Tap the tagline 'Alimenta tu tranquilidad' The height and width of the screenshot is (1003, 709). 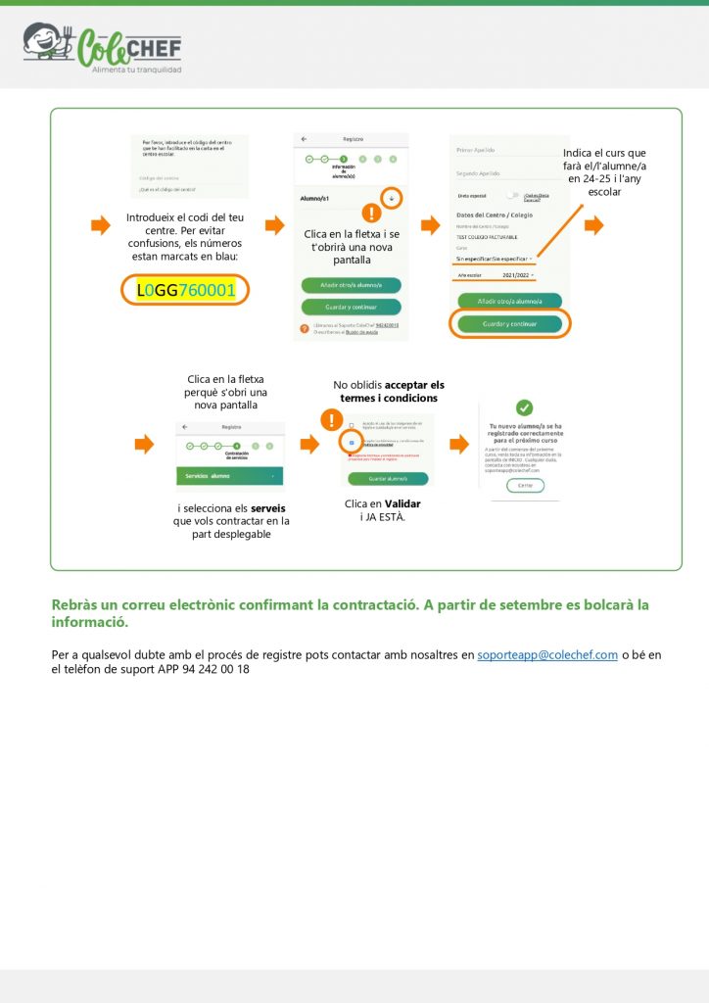pos(136,70)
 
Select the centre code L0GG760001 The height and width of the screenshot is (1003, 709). pos(186,290)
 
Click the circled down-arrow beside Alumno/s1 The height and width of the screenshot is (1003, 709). pos(392,197)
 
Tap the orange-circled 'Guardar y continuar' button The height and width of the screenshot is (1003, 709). pos(509,323)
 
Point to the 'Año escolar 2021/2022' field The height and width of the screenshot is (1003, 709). pos(496,275)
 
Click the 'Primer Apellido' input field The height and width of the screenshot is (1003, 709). pos(509,150)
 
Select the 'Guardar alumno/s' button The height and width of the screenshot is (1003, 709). pos(389,479)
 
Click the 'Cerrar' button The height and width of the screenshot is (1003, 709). pos(525,485)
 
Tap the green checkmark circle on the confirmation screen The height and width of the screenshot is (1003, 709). pos(525,407)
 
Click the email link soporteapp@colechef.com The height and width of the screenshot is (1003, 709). pos(546,654)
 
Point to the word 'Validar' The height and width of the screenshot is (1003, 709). pos(402,503)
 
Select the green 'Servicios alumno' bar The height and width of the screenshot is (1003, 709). pos(230,475)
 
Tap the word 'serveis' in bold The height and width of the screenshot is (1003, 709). pos(267,508)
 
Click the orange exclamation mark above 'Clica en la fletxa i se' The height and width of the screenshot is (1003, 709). pos(371,214)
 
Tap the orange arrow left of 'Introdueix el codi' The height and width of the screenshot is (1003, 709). pos(100,226)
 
